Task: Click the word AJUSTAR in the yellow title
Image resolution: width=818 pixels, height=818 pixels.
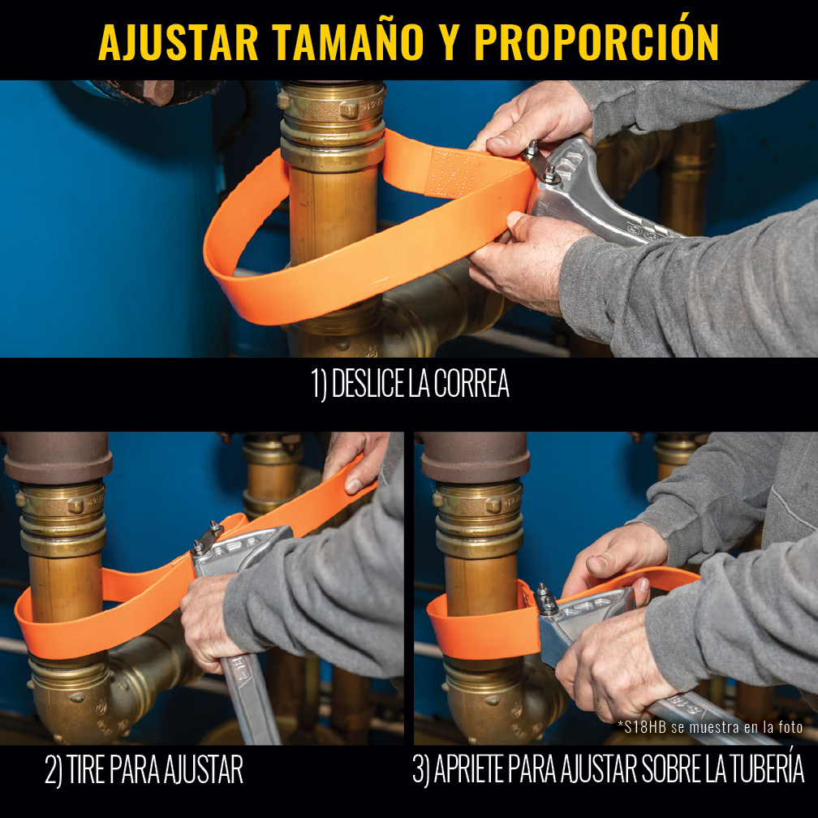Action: (178, 43)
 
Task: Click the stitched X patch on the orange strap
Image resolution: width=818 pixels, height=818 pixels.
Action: (450, 174)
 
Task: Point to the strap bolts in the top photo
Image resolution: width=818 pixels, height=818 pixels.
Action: (540, 161)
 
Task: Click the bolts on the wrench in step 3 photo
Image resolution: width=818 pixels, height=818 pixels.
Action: (545, 599)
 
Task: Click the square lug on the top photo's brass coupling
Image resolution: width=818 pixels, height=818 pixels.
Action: (348, 109)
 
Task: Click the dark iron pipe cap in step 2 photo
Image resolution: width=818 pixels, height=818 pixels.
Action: (58, 457)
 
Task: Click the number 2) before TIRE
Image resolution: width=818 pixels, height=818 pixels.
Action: (54, 769)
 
